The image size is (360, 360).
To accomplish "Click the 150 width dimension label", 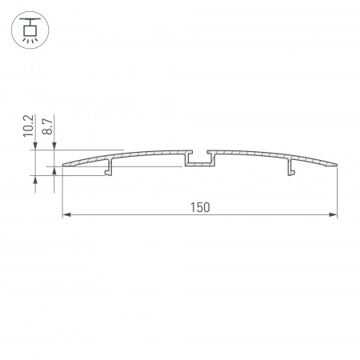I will pos(199,207).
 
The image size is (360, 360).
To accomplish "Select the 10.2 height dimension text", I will pos(29,126).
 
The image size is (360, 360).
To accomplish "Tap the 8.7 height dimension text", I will pos(47,126).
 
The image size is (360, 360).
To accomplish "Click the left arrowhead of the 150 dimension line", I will pos(66,215).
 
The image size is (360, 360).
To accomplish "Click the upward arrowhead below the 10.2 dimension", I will pos(36,180).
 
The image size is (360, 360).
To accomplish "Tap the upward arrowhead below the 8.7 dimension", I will pos(54,172).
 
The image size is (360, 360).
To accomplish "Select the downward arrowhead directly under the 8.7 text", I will pos(54,145).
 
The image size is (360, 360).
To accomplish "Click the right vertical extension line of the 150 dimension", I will pos(337,192).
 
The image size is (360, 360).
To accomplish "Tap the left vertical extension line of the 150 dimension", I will pos(62,192).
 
